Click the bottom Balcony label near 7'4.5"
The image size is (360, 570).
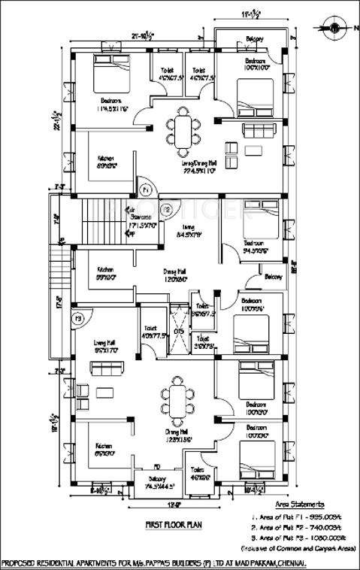click(157, 478)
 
